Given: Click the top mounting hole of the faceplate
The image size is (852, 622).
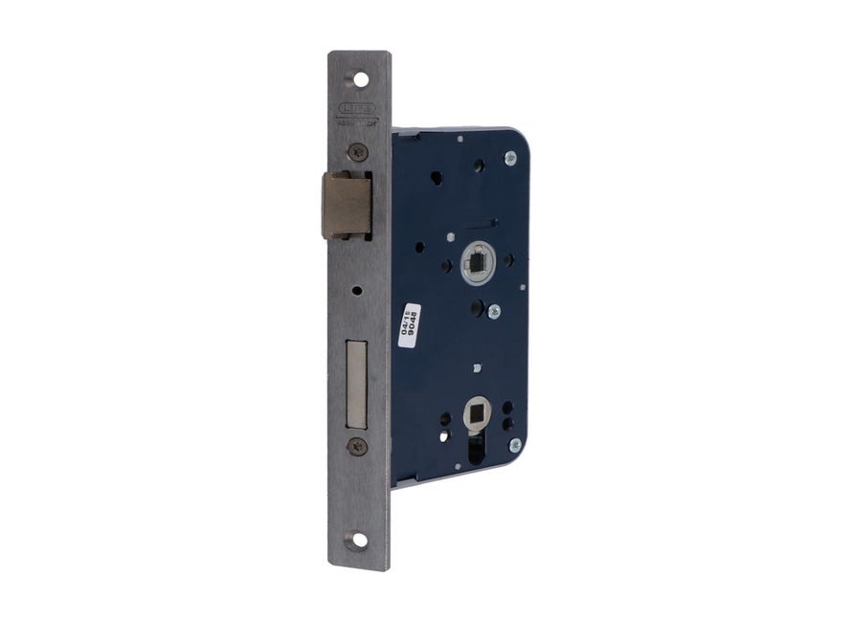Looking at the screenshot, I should coord(361,80).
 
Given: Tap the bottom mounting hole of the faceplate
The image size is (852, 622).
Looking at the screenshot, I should coord(358,540).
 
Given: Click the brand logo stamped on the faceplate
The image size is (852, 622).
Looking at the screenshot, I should coord(355,110).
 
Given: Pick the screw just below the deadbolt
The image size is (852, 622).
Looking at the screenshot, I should coord(358,445).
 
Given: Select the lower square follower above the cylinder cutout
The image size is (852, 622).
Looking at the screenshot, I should coord(475,413).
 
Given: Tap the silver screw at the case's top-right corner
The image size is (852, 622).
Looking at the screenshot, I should coord(510,158).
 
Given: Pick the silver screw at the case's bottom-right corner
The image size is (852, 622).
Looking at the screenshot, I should coord(515,444).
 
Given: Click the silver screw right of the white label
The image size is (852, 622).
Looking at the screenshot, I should coord(493,311).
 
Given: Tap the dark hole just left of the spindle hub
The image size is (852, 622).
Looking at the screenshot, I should coord(446,265).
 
